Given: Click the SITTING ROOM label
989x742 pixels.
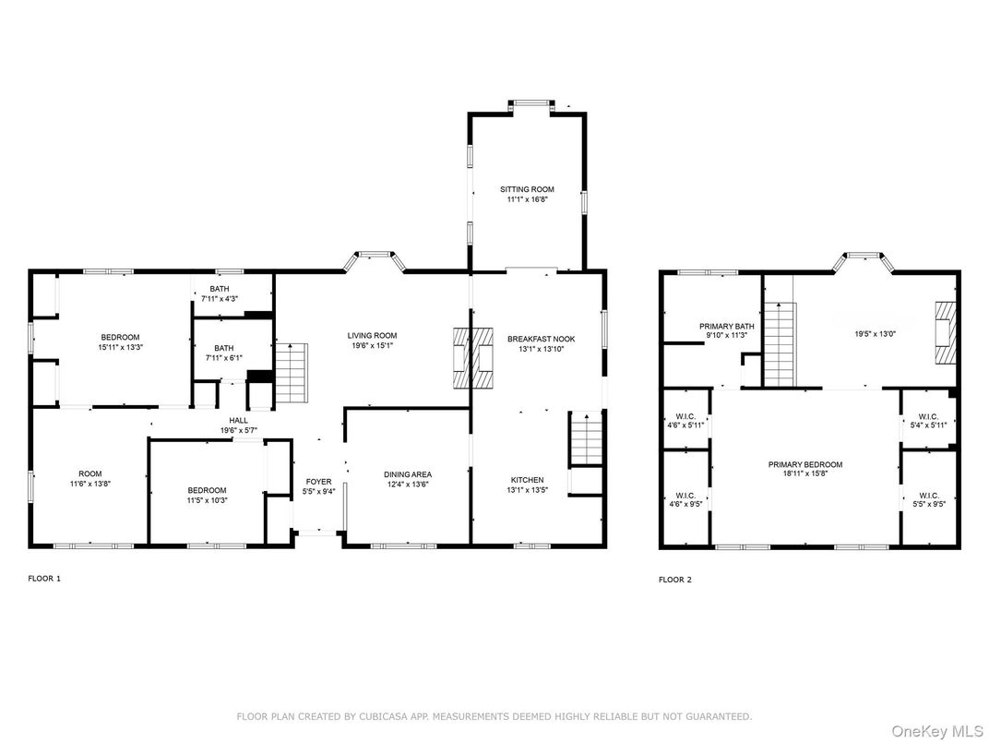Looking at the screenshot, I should [527, 189].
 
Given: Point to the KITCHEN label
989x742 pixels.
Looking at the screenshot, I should [527, 480].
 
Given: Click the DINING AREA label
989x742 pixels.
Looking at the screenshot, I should [408, 474].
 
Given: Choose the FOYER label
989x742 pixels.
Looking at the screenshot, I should [318, 482].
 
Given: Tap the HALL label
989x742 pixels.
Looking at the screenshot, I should [238, 420].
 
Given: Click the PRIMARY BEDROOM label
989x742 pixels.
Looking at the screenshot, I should [805, 465].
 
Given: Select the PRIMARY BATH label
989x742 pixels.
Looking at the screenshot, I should [727, 326].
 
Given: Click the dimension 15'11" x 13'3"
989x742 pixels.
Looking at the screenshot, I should [120, 347].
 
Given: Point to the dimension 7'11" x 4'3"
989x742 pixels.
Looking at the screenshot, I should [220, 298].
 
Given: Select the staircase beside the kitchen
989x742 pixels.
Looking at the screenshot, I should [585, 439].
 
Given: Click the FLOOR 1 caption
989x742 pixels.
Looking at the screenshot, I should [44, 579].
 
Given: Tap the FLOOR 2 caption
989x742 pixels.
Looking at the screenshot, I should [674, 580].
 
